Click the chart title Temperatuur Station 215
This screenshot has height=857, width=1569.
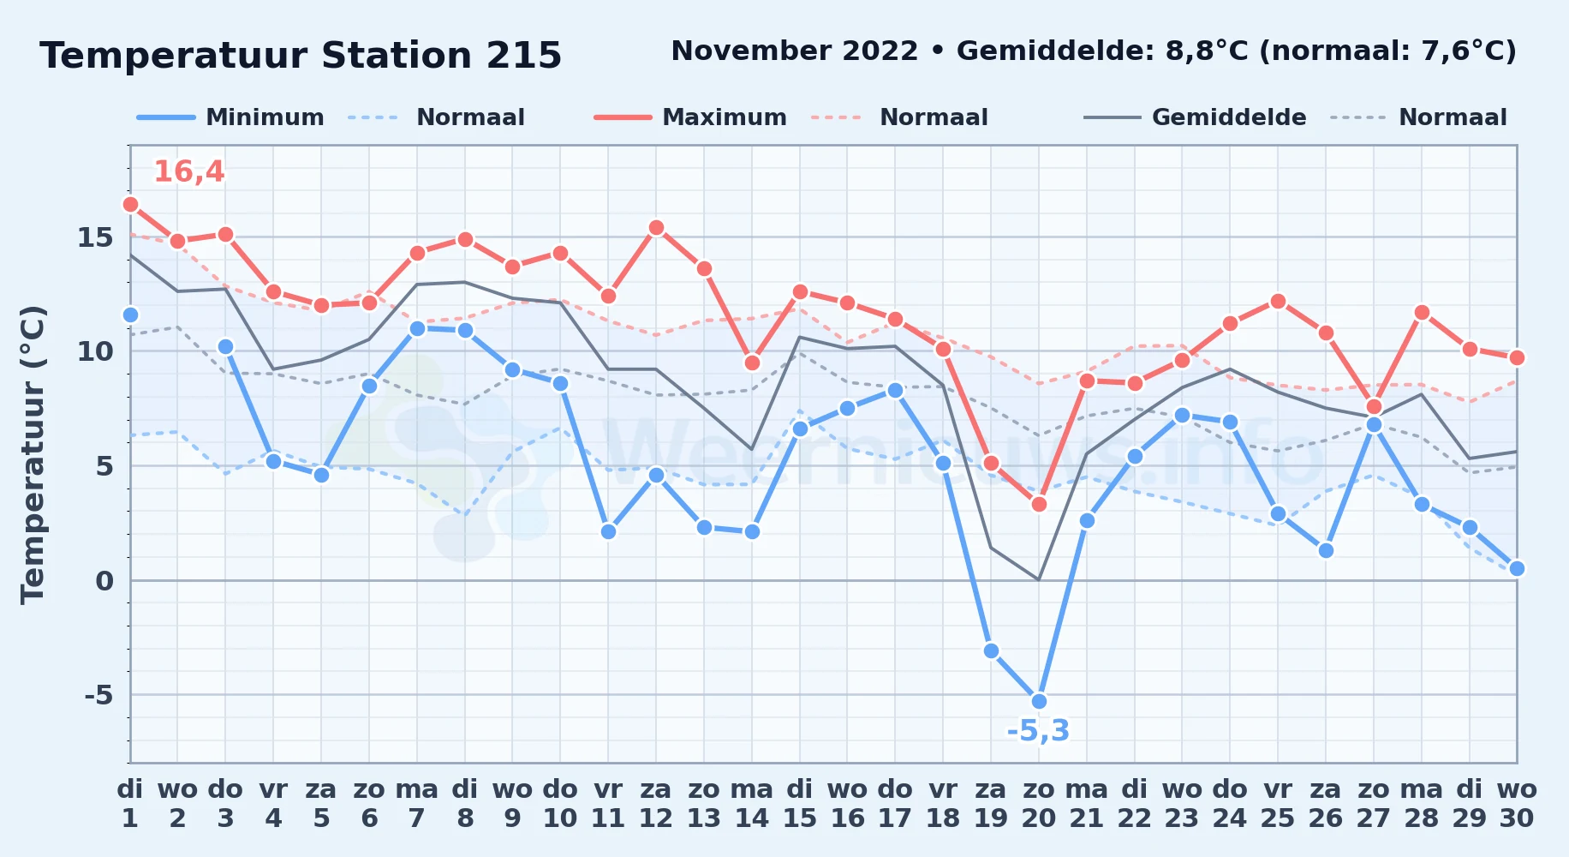301,56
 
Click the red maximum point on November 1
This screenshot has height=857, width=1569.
130,204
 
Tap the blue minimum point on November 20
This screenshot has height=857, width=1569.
1039,701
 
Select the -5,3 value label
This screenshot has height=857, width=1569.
1038,731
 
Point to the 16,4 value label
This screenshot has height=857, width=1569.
188,171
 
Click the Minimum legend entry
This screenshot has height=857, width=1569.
230,117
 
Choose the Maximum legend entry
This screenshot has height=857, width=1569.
690,117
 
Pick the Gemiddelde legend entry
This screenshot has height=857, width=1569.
1196,117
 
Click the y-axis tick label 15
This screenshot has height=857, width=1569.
95,237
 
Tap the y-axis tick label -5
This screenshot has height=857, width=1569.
98,695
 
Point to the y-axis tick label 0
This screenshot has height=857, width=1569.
104,581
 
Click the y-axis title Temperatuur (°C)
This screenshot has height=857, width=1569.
33,454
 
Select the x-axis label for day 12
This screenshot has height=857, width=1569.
656,804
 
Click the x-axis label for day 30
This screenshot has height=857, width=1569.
1517,804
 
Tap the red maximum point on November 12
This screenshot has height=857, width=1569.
656,227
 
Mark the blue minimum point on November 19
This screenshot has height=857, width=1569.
991,650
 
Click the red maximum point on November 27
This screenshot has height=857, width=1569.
1374,406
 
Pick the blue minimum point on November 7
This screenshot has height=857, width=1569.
417,328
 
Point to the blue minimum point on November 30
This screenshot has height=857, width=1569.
1517,568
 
